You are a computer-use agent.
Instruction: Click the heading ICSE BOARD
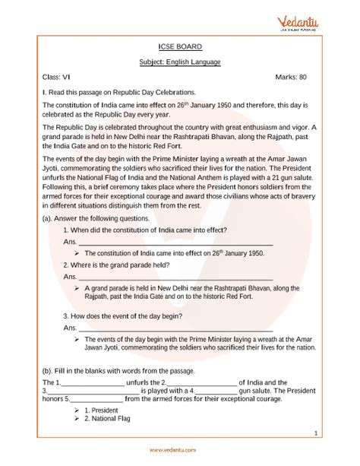click(179, 46)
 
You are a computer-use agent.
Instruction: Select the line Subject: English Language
click(179, 62)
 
